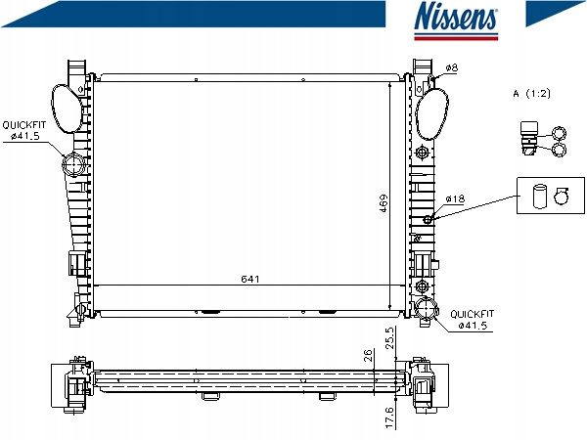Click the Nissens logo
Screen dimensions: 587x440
coord(456,20)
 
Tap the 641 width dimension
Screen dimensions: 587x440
coord(250,279)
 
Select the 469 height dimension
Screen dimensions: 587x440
coord(384,203)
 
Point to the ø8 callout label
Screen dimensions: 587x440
coord(452,67)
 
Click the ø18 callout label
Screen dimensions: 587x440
coord(455,198)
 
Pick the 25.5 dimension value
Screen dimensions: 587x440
coord(389,338)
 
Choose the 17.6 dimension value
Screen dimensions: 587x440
coord(389,418)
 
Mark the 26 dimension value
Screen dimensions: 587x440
coord(369,355)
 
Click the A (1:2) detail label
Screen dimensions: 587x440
coord(532,93)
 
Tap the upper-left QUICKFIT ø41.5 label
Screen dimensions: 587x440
coord(23,130)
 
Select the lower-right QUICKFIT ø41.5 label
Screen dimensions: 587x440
coord(473,319)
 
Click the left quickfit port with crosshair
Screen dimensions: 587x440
coord(74,164)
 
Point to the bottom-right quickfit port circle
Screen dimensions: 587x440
coord(426,308)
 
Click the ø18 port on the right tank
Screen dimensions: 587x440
coord(428,220)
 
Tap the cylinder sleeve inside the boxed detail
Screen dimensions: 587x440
coord(539,196)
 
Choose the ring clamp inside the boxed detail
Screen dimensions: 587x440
coord(562,196)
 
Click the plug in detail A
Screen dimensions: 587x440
coord(529,138)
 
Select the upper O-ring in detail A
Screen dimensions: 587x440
coord(560,133)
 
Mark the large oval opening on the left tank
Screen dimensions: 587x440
coord(68,109)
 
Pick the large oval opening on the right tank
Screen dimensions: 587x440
coord(431,113)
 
